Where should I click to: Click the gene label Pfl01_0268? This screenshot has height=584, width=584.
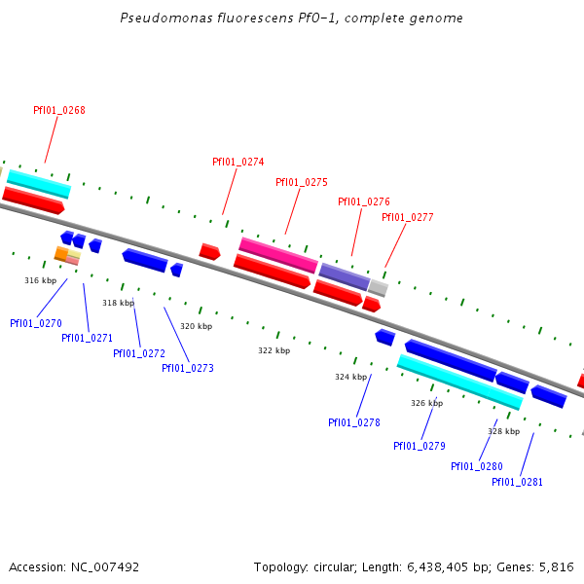pyautogui.click(x=59, y=110)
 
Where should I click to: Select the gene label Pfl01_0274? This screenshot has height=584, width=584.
pyautogui.click(x=238, y=162)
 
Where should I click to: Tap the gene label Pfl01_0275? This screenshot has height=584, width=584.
pyautogui.click(x=302, y=182)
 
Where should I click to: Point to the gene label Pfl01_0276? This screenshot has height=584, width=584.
pyautogui.click(x=364, y=201)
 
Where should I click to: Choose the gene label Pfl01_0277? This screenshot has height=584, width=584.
pyautogui.click(x=408, y=217)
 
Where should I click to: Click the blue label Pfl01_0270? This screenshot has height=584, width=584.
pyautogui.click(x=36, y=322)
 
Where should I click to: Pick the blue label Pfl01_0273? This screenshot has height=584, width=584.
pyautogui.click(x=188, y=368)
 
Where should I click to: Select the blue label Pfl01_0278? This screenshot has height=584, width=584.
pyautogui.click(x=354, y=422)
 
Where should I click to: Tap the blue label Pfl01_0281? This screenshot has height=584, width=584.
pyautogui.click(x=517, y=482)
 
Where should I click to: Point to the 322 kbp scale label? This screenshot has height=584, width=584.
pyautogui.click(x=274, y=350)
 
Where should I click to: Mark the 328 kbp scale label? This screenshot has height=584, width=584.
pyautogui.click(x=503, y=431)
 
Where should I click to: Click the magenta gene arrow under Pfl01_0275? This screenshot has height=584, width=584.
pyautogui.click(x=278, y=255)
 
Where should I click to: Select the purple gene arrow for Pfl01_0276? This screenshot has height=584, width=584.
pyautogui.click(x=345, y=276)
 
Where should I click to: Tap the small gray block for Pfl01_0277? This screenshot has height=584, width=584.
pyautogui.click(x=378, y=288)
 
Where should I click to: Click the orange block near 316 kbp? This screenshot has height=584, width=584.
pyautogui.click(x=60, y=254)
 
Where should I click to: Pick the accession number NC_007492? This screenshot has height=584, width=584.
pyautogui.click(x=106, y=566)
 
